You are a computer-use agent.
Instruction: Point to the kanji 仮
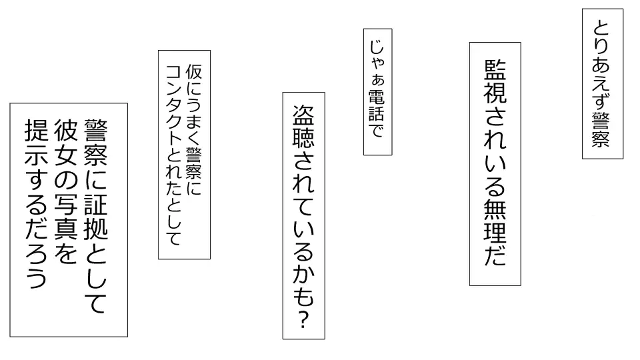point(195,71)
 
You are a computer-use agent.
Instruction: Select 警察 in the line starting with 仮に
point(195,163)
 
